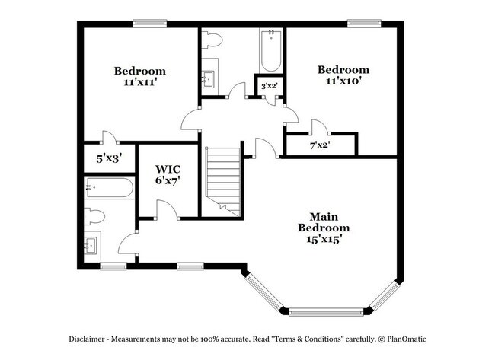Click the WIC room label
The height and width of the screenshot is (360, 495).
click(x=168, y=169)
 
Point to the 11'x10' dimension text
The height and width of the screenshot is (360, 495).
click(x=343, y=80)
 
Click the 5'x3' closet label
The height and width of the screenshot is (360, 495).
click(x=109, y=159)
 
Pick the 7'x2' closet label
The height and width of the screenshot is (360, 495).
click(x=320, y=144)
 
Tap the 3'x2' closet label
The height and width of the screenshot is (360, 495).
click(x=268, y=87)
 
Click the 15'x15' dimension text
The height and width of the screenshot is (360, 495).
click(x=324, y=239)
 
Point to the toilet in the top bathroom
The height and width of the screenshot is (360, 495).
click(x=211, y=39)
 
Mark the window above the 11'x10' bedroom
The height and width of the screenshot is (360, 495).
click(x=364, y=23)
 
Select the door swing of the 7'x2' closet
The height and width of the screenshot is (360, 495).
click(x=319, y=126)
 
